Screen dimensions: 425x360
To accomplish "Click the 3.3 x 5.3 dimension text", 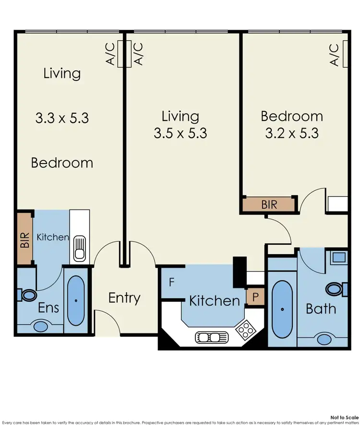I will click(62, 118).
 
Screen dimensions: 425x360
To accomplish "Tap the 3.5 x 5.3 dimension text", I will click(180, 133).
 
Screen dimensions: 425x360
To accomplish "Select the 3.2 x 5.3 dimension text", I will click(292, 133).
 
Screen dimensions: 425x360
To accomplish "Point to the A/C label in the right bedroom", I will click(335, 55).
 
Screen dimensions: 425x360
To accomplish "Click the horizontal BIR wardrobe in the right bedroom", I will click(270, 205).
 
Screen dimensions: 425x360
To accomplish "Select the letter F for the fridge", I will click(171, 282).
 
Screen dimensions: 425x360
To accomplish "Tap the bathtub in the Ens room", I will click(76, 300).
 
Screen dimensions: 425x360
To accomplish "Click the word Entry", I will click(124, 298).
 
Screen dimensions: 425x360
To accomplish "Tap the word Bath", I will click(321, 308).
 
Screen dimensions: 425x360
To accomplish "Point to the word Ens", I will click(48, 307).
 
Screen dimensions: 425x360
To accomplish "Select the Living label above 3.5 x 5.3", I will click(180, 116).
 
